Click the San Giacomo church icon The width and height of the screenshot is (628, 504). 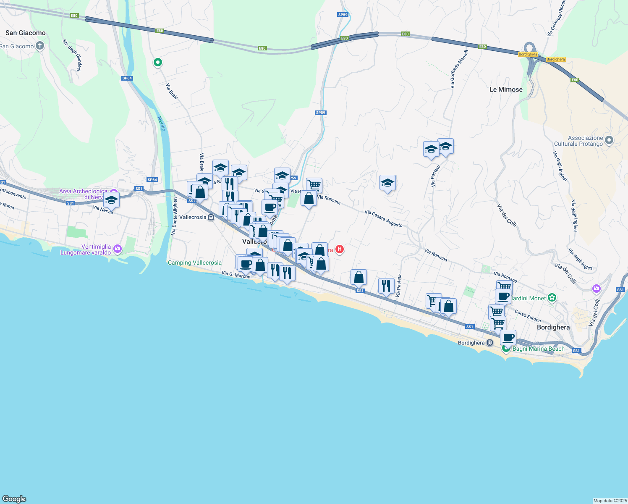[40, 46]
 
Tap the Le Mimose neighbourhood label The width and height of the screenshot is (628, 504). [506, 89]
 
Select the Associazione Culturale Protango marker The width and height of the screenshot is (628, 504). [609, 140]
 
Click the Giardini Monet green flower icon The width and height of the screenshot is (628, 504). [552, 298]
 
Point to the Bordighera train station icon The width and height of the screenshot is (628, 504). [489, 343]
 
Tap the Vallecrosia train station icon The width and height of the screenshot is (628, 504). [211, 217]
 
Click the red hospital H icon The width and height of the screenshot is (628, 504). [340, 249]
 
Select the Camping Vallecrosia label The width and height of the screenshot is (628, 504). [194, 262]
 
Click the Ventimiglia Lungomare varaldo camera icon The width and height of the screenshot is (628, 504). [117, 249]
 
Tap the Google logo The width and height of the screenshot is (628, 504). [14, 499]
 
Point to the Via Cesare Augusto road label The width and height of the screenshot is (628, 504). [383, 218]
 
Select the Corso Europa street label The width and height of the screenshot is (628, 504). [528, 316]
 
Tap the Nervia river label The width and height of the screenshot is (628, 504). [161, 124]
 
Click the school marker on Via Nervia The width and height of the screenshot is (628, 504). [111, 200]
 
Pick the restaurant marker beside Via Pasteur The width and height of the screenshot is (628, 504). [386, 286]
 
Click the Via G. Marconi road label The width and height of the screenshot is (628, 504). [237, 275]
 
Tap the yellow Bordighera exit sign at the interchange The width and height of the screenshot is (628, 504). [528, 54]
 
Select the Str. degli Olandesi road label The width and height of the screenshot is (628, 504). [72, 55]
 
